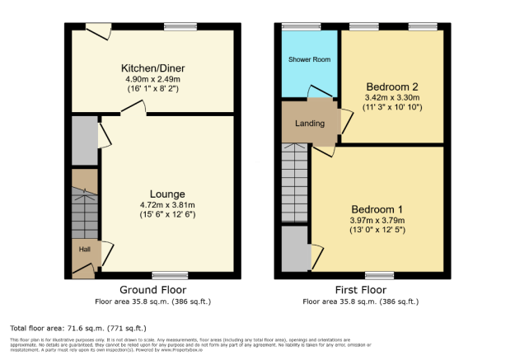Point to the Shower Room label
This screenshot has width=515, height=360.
(309, 61)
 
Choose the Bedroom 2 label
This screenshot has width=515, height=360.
(392, 86)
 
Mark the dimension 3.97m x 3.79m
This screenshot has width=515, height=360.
(378, 220)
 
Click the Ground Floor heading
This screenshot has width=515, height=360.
(153, 290)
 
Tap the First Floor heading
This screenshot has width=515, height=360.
(362, 290)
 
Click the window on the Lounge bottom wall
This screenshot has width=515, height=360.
(170, 275)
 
